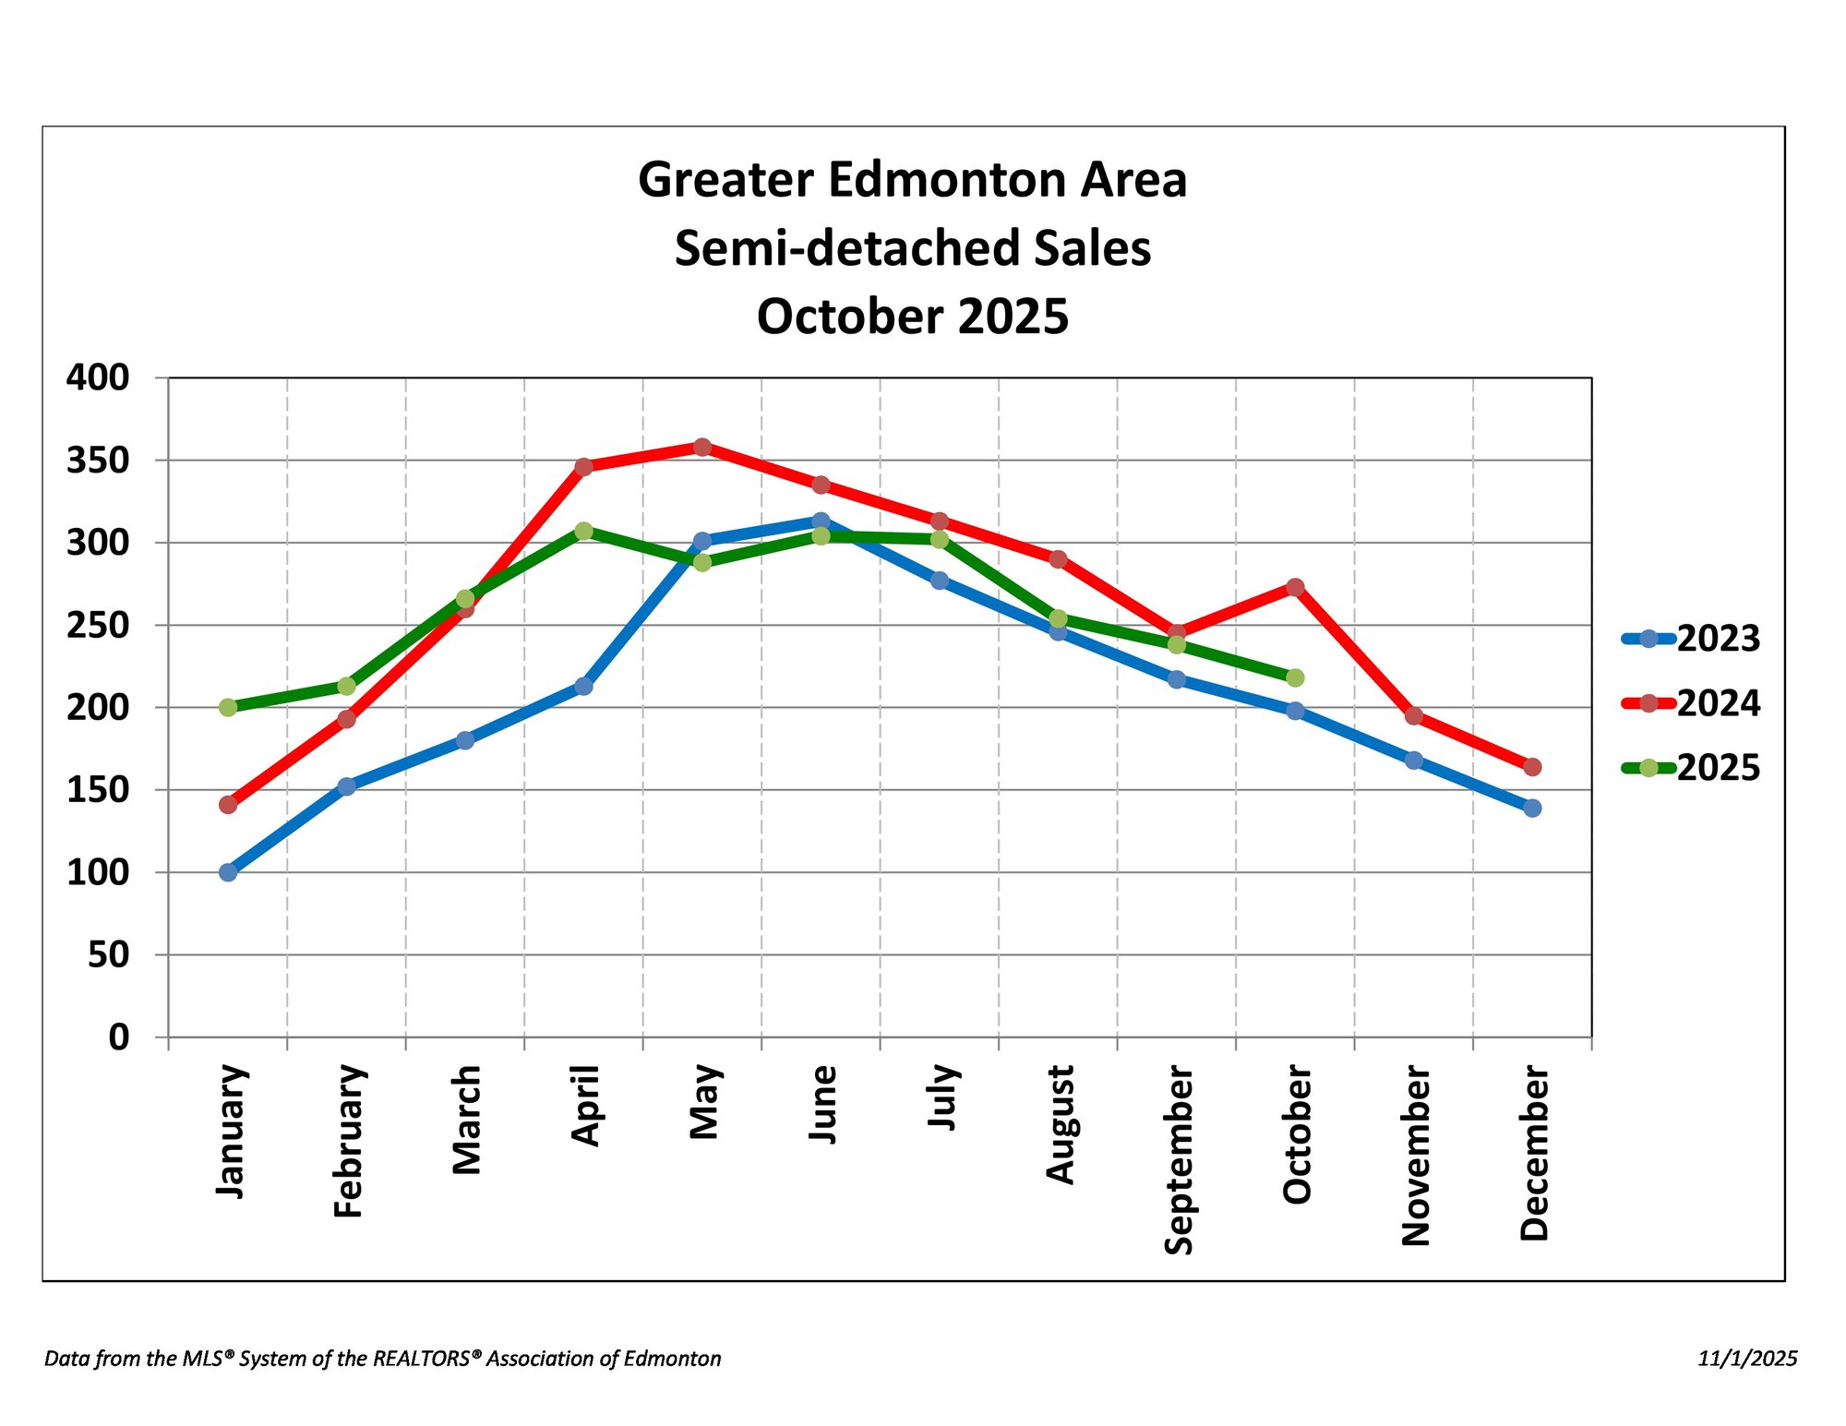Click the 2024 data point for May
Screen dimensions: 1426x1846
tap(702, 448)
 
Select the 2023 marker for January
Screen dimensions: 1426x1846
tap(228, 872)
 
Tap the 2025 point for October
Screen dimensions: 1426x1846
tap(1295, 678)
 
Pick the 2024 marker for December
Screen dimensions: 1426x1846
tap(1532, 767)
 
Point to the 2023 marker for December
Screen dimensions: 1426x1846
tap(1532, 809)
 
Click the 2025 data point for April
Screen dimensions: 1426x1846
tap(583, 531)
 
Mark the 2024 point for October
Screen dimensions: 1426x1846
tap(1295, 587)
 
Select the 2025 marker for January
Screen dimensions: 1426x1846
tap(228, 708)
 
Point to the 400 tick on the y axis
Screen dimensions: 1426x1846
tap(98, 377)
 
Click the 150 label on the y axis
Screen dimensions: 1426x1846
tap(98, 790)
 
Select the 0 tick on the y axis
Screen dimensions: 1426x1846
tap(119, 1037)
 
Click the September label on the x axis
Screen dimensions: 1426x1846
tap(1178, 1159)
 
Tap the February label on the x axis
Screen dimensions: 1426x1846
tap(349, 1141)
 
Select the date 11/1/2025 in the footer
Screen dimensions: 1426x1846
tap(1747, 1359)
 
